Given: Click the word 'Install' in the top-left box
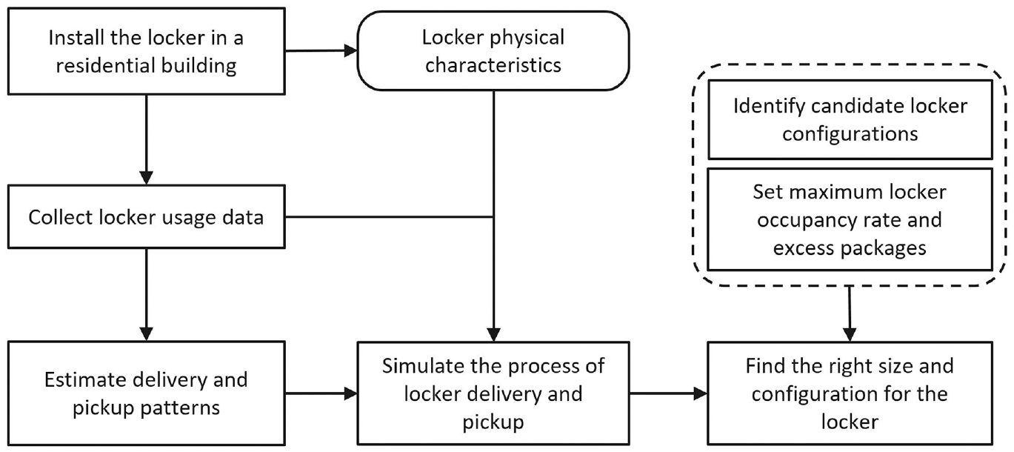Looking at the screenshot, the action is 76,38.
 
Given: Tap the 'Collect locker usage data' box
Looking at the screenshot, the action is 146,216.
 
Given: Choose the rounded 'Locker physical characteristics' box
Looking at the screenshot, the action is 493,50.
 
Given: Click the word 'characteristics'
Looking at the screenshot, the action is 493,65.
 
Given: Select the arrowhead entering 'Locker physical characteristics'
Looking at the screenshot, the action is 351,50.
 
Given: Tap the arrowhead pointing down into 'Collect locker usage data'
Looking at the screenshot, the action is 146,178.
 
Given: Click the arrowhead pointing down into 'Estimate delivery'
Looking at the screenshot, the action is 146,334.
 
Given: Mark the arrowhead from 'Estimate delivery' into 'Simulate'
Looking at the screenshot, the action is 351,393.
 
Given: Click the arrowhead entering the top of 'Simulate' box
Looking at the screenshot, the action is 493,335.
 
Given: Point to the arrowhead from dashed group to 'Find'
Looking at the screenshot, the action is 850,335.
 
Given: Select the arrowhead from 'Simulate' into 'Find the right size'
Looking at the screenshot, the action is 701,393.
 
